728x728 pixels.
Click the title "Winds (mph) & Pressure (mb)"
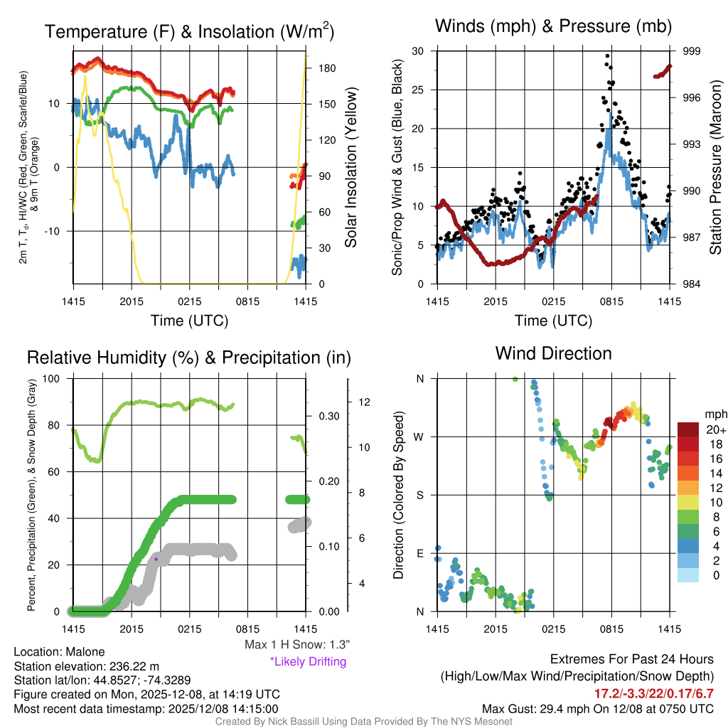point(554,27)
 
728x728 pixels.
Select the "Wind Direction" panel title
point(553,353)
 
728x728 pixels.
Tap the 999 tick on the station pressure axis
point(693,51)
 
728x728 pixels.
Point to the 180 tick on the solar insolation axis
point(328,69)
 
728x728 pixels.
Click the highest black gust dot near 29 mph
point(607,55)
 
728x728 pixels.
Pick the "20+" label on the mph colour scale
point(715,430)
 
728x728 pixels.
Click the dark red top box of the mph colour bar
point(690,430)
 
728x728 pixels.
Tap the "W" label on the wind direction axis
point(420,437)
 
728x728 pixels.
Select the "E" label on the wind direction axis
point(420,553)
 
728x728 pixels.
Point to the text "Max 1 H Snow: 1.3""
point(296,645)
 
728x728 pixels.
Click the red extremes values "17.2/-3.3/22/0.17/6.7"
point(653,692)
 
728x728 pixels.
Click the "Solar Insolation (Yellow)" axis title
point(350,167)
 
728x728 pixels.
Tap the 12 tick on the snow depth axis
point(365,402)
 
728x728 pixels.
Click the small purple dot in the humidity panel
point(156,559)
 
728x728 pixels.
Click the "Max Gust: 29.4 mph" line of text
point(597,708)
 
